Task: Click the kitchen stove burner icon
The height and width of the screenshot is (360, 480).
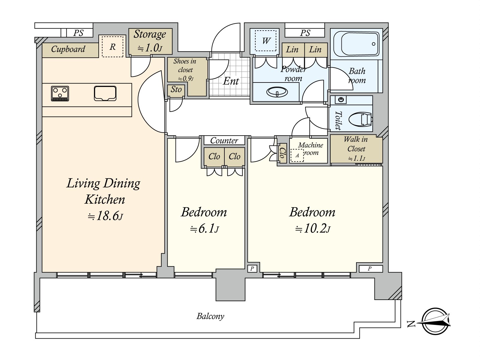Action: coord(60,94)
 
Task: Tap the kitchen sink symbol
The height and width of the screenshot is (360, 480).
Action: coord(105,93)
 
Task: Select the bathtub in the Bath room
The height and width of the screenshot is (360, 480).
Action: coord(356,44)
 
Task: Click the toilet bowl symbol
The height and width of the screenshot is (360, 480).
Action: coord(360,120)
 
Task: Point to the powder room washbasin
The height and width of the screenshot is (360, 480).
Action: coord(277,92)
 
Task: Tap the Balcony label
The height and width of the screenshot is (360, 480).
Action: coord(210,316)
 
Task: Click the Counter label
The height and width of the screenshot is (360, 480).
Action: coord(224,140)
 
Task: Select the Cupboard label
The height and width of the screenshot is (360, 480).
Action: coord(68,49)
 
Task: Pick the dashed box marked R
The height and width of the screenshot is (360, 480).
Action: coord(112,46)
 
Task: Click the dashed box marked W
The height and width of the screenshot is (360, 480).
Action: coord(266,41)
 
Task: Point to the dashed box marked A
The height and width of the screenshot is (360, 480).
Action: coord(297,155)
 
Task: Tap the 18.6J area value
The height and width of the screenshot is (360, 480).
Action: coord(105,216)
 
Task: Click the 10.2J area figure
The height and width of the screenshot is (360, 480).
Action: coord(313,229)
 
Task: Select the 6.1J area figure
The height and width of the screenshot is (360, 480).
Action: coord(205,229)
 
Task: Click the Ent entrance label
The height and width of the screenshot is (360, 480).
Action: coord(231,81)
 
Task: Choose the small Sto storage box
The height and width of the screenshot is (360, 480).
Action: coord(176,90)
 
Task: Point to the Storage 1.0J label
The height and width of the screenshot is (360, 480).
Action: coord(150,41)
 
